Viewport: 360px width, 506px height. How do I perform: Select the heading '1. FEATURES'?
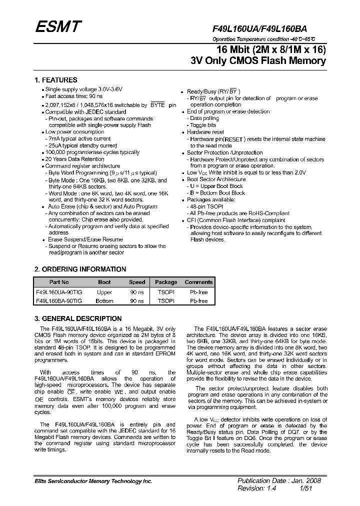(55, 80)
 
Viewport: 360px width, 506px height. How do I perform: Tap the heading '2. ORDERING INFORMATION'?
(80, 269)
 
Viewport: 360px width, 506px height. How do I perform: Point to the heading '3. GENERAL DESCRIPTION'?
(78, 318)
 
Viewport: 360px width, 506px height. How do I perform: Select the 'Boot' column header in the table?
(104, 282)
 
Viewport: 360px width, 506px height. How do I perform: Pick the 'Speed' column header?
(137, 282)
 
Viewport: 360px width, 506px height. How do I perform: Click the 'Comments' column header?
(198, 282)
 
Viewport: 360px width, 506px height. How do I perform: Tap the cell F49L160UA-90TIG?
(59, 292)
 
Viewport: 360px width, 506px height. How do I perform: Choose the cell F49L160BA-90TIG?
(59, 301)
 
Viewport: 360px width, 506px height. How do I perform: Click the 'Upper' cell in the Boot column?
(104, 292)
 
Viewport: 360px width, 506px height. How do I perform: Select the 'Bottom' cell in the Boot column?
(104, 301)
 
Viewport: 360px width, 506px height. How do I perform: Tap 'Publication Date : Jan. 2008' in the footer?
(279, 480)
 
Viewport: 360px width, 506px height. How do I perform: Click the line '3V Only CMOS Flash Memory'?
(258, 61)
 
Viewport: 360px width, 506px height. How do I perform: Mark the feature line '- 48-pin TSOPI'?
(206, 206)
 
